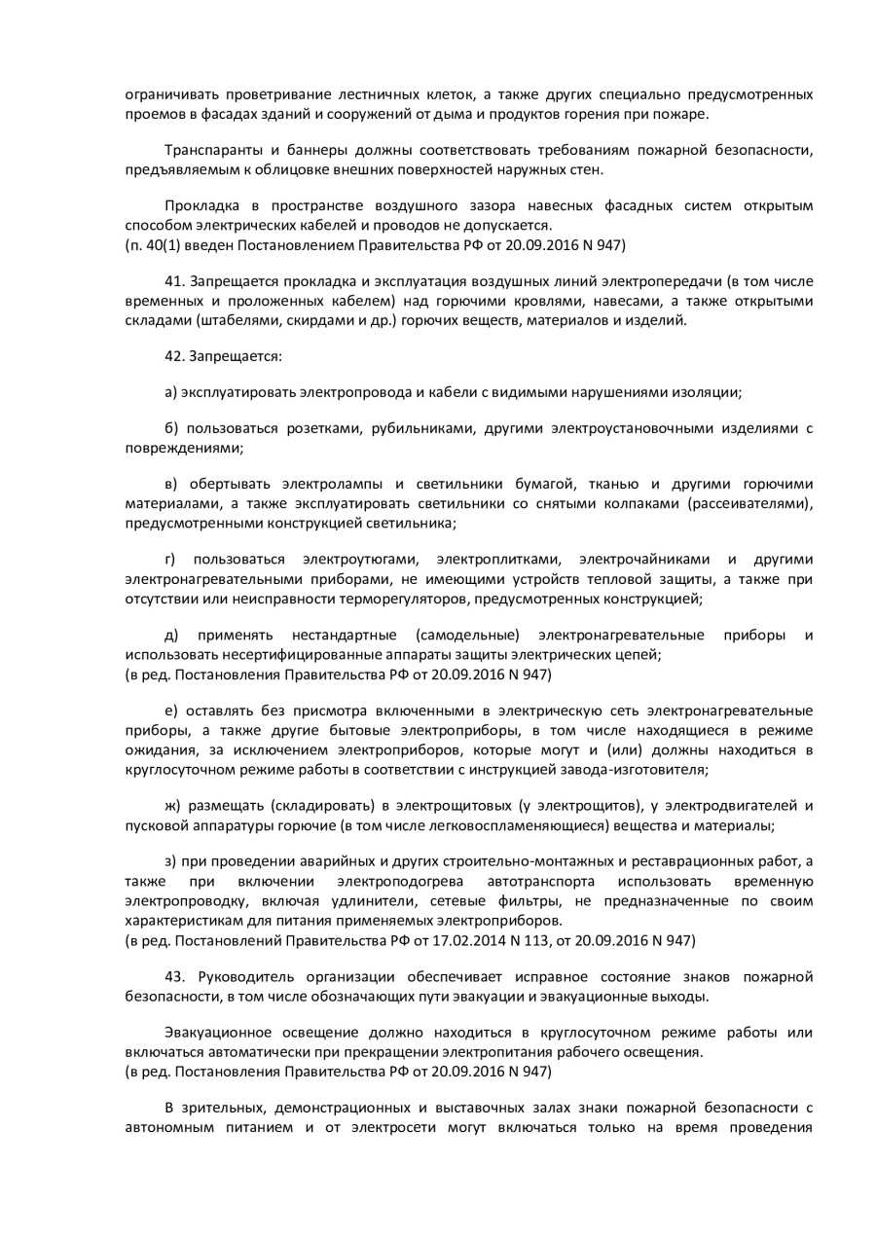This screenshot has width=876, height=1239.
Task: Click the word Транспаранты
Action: click(210, 151)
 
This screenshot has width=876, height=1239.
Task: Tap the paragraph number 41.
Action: click(174, 281)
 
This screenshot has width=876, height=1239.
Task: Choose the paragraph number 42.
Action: click(174, 356)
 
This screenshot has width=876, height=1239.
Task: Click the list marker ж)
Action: click(172, 807)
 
